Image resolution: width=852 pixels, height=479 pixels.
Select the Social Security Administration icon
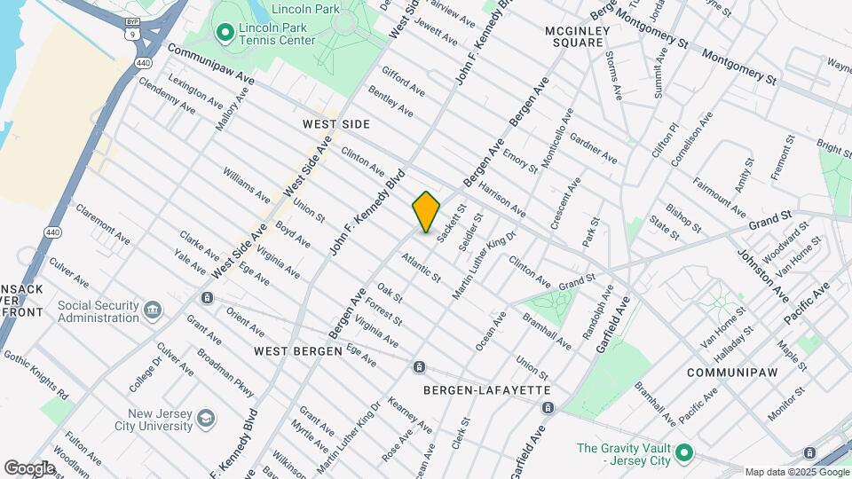(153, 311)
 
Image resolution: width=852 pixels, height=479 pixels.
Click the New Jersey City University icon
(205, 419)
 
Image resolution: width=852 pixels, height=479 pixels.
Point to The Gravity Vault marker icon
(683, 454)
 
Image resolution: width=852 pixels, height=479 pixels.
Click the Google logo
(29, 468)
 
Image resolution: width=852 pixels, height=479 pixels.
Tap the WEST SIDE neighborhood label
(335, 124)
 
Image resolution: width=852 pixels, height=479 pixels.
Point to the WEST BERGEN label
(298, 351)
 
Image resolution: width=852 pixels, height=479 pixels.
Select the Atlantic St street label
(420, 268)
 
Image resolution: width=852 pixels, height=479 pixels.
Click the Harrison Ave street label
(501, 201)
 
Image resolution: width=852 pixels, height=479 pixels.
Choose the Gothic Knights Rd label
(36, 373)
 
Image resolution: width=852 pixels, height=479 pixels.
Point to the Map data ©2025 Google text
(797, 472)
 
